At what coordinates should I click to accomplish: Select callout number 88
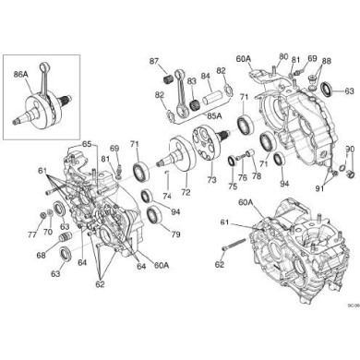(x=326, y=60)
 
